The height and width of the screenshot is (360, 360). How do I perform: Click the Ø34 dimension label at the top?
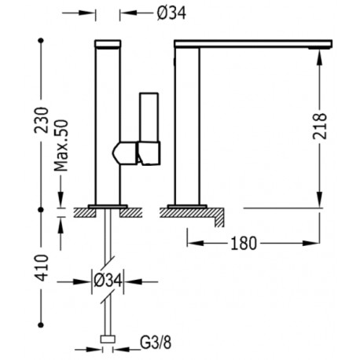coord(171,13)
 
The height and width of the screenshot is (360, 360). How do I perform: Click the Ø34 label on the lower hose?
coord(108,281)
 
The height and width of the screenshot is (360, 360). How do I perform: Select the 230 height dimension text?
coord(42,119)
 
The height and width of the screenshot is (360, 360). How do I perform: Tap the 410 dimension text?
coord(42,268)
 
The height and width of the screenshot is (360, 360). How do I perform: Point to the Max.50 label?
coord(61,145)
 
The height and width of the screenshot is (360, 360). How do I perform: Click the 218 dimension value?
coord(320,127)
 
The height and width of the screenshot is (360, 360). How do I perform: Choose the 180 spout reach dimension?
coord(244,244)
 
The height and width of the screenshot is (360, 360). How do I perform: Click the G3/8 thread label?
coord(156,343)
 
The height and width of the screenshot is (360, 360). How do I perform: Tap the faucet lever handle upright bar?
coord(149,117)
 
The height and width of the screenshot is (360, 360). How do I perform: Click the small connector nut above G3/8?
coord(108,339)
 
